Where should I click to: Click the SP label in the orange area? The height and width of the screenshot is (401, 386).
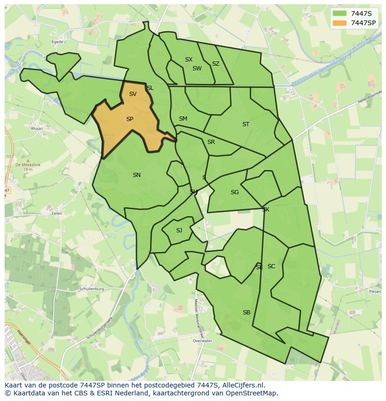130,119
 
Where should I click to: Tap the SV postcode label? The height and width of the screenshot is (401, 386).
133,94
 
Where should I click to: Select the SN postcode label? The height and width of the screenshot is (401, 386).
137,175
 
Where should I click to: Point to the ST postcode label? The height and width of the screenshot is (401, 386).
246,124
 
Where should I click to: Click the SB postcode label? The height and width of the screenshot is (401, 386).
247,313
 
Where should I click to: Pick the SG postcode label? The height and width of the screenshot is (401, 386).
234,192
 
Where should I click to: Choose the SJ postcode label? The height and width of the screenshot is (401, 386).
179,231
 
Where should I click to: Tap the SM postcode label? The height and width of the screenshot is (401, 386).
183,119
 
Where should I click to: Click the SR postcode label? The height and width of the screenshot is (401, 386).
211,142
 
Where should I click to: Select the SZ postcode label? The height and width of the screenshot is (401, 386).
215,64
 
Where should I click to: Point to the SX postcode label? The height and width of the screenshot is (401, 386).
188,60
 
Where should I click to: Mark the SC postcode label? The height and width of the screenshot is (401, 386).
271,266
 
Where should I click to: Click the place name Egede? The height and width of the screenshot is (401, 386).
57,41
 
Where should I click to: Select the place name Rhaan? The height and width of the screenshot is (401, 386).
36,129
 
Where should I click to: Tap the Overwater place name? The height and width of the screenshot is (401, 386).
202,341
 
